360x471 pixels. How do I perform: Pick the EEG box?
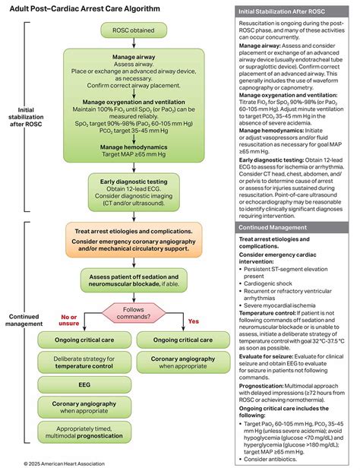(x=85, y=385)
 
